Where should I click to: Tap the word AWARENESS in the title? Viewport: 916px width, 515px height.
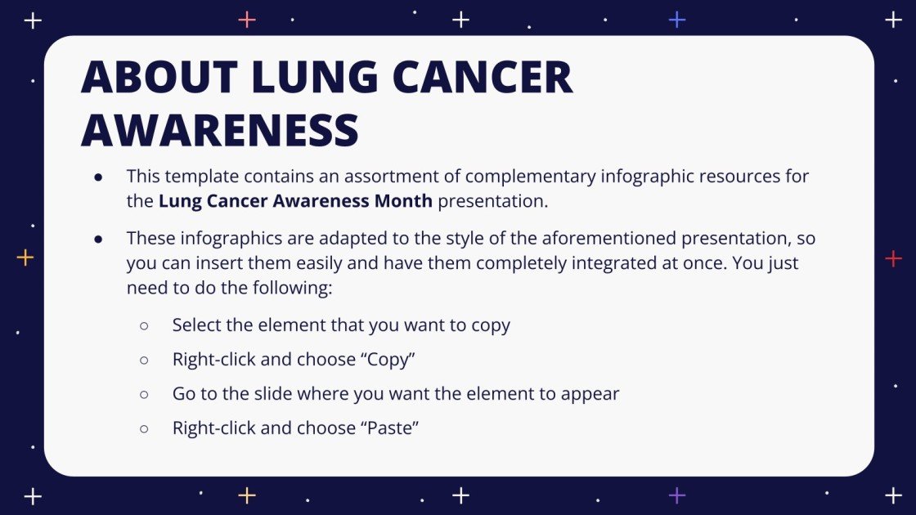tap(220, 129)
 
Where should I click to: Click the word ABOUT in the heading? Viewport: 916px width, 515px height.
tap(159, 78)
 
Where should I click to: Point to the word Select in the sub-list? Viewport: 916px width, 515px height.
tap(197, 325)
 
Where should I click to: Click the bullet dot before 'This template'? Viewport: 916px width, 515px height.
tap(98, 177)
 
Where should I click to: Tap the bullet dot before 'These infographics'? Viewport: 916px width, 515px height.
tap(98, 240)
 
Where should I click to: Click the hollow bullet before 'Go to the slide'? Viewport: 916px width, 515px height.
tap(144, 394)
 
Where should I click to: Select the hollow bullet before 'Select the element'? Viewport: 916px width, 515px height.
tap(144, 325)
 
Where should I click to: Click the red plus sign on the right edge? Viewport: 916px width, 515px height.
tap(893, 259)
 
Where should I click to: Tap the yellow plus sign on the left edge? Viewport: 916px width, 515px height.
tap(25, 258)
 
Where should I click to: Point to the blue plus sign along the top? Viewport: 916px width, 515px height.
tap(677, 20)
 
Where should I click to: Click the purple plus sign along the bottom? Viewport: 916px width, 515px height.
tap(677, 495)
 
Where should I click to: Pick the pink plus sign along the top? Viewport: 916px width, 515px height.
tap(247, 20)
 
